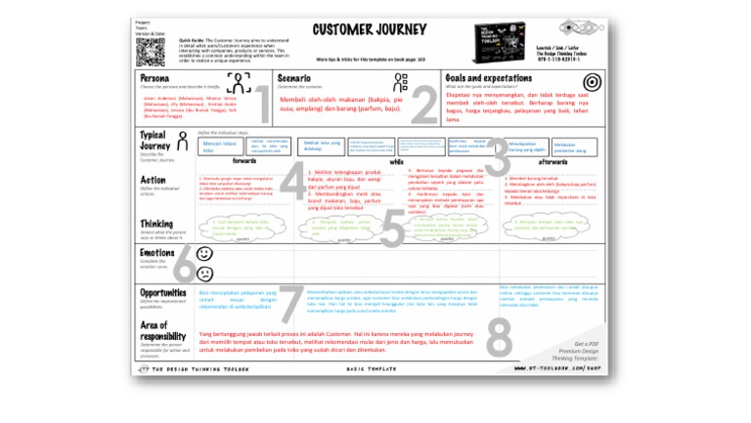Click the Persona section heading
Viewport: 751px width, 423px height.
(x=155, y=77)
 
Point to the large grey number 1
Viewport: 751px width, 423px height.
(x=261, y=105)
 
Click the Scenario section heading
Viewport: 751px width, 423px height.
(x=294, y=77)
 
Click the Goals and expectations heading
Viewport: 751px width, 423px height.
(x=489, y=77)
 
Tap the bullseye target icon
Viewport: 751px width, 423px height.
(x=591, y=81)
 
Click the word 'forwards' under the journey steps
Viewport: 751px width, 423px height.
(x=244, y=161)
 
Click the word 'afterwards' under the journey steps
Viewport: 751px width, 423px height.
(x=552, y=161)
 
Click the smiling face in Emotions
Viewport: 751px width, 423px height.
(x=204, y=252)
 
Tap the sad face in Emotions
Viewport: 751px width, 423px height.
(x=204, y=271)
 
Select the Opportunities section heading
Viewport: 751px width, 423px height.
(x=163, y=291)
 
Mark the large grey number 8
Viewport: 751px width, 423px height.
(x=499, y=337)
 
